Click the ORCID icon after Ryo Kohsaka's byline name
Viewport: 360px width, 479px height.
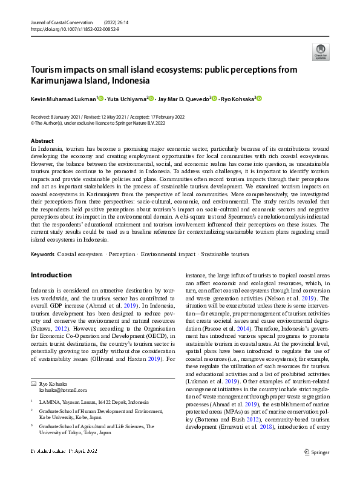(260, 99)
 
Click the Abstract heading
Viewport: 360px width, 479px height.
(42, 140)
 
